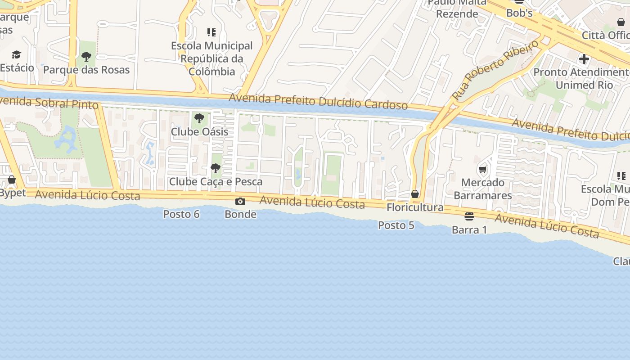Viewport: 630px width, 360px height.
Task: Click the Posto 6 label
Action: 181,214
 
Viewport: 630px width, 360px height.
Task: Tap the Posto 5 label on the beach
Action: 396,225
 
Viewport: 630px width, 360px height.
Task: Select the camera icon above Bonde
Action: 240,201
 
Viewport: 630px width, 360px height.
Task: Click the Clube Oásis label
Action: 199,132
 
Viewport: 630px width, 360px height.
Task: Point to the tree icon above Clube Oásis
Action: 199,119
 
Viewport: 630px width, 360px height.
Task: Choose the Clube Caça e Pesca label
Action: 216,182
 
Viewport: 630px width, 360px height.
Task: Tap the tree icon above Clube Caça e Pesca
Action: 216,169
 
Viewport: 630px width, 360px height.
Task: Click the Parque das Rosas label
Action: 86,70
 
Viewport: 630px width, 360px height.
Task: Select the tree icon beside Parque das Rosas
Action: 86,57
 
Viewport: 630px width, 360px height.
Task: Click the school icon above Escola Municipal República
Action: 211,32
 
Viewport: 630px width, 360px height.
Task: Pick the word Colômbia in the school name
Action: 211,72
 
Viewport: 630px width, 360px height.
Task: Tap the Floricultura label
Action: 415,207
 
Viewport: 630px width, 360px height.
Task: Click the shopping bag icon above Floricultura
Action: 415,194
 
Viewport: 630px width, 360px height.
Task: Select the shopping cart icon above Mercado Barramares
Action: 483,170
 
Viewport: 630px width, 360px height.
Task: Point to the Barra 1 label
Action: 469,230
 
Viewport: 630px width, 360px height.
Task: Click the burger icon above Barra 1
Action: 469,217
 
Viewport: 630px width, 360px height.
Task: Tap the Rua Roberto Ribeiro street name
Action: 495,70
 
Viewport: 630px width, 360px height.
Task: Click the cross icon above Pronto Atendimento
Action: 584,59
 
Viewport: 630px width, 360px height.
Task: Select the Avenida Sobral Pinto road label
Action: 49,103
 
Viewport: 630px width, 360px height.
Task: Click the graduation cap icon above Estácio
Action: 17,55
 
